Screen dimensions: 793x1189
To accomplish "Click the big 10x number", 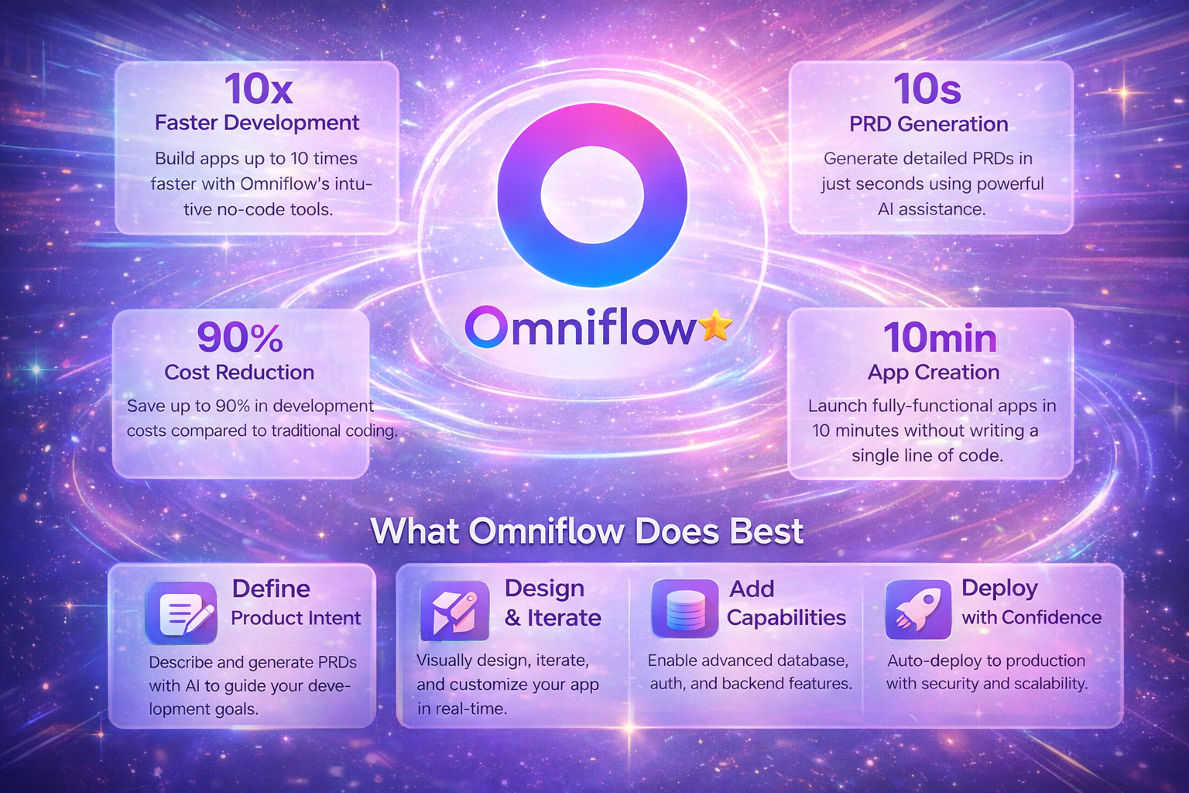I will click(259, 89).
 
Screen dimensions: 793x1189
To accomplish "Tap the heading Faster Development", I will click(257, 123).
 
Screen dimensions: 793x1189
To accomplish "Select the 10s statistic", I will click(927, 89).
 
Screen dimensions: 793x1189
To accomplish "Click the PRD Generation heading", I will click(928, 124).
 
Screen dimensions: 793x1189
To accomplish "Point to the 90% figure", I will click(240, 338).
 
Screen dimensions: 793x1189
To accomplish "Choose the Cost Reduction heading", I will click(239, 372).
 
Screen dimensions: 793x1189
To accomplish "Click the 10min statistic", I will click(940, 338).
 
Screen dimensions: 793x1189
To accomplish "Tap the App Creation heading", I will click(934, 372).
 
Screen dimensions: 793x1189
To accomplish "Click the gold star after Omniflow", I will click(715, 326).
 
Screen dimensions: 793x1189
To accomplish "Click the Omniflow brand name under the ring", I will click(581, 328).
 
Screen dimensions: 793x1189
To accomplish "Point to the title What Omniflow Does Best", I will click(587, 532).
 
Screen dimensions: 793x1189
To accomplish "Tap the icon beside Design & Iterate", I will click(454, 611).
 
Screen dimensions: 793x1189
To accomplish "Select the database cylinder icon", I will click(685, 609).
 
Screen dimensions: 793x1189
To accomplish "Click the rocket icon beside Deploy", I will click(918, 609).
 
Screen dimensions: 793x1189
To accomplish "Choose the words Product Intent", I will click(296, 618).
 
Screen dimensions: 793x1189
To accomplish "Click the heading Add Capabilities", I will click(786, 603).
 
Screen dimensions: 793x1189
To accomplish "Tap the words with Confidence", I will click(1031, 617).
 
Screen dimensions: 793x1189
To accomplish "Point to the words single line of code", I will click(927, 455).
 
